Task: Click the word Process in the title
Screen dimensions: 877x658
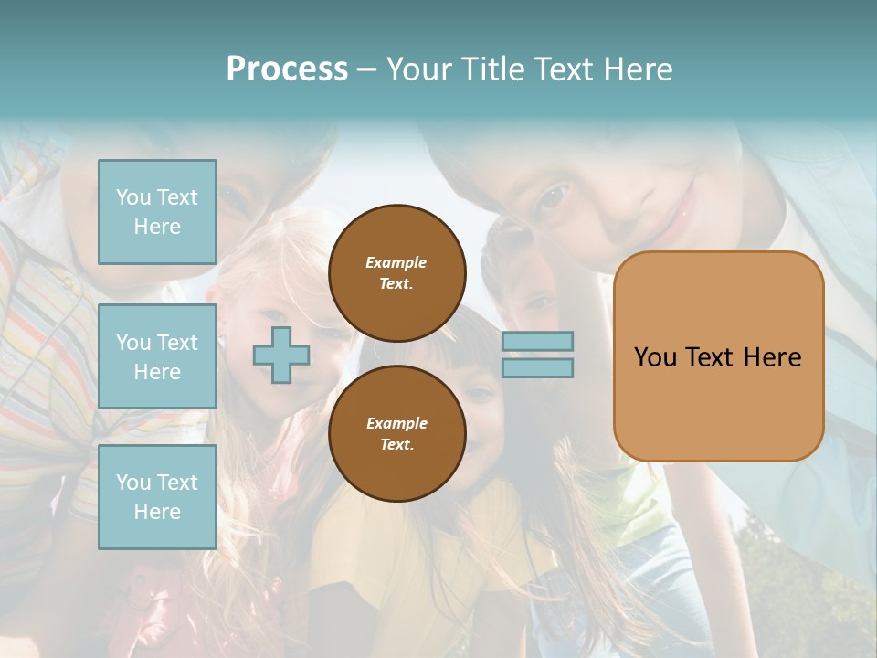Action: tap(287, 69)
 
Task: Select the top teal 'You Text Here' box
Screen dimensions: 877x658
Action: tap(157, 212)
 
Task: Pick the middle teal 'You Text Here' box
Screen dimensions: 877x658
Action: tap(157, 356)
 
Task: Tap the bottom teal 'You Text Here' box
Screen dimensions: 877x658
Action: tap(157, 496)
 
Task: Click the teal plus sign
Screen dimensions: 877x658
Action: tap(281, 355)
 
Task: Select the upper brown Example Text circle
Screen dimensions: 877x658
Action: tap(396, 273)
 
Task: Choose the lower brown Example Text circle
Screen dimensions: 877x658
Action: tap(396, 434)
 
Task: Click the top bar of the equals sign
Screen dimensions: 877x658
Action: tap(537, 342)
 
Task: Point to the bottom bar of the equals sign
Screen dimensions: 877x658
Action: tap(537, 367)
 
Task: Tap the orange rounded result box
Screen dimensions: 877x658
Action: tap(718, 402)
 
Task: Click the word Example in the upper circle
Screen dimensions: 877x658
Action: tap(396, 262)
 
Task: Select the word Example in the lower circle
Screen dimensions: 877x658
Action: tap(396, 423)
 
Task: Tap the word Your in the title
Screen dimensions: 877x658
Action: tap(416, 69)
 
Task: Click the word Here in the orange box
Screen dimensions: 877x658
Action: tap(772, 356)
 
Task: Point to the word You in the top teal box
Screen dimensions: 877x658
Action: tap(133, 197)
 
